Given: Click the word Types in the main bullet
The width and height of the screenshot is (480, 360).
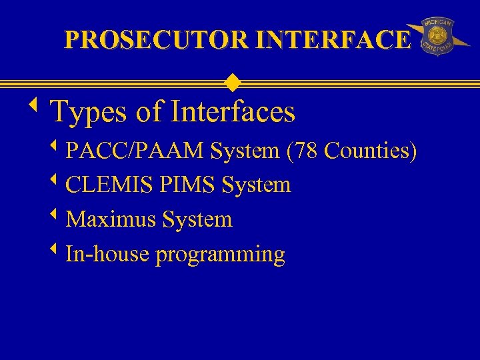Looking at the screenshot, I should (89, 112).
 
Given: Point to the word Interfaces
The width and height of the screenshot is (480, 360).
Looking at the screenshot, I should (233, 111).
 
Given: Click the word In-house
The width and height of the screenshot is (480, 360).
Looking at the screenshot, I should (108, 254).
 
